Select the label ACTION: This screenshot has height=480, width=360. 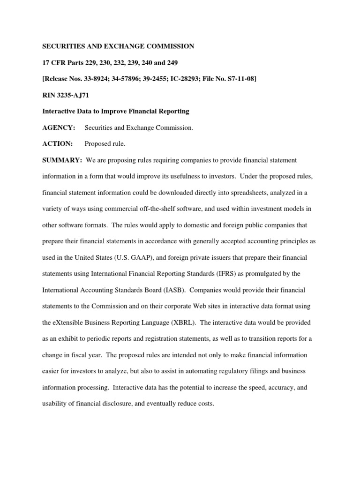pos(58,144)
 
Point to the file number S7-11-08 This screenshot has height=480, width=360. pos(240,79)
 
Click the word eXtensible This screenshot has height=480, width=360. pos(69,322)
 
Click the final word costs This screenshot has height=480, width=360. pos(206,404)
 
